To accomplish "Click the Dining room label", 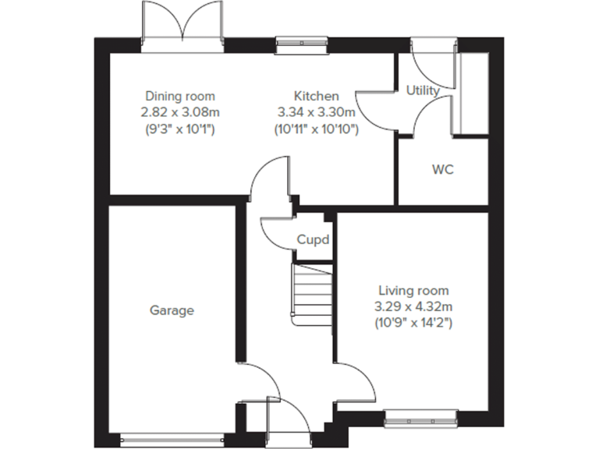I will (180, 96).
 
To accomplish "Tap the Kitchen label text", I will (316, 96).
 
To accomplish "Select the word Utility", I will (422, 90).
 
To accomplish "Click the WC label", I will (442, 169).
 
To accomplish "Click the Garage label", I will (172, 310).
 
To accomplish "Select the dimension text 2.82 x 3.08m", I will (180, 111).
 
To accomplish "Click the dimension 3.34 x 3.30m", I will (316, 111).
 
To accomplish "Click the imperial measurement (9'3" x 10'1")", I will (180, 128).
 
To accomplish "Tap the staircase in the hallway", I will (309, 295).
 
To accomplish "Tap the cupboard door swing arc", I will (274, 230).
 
